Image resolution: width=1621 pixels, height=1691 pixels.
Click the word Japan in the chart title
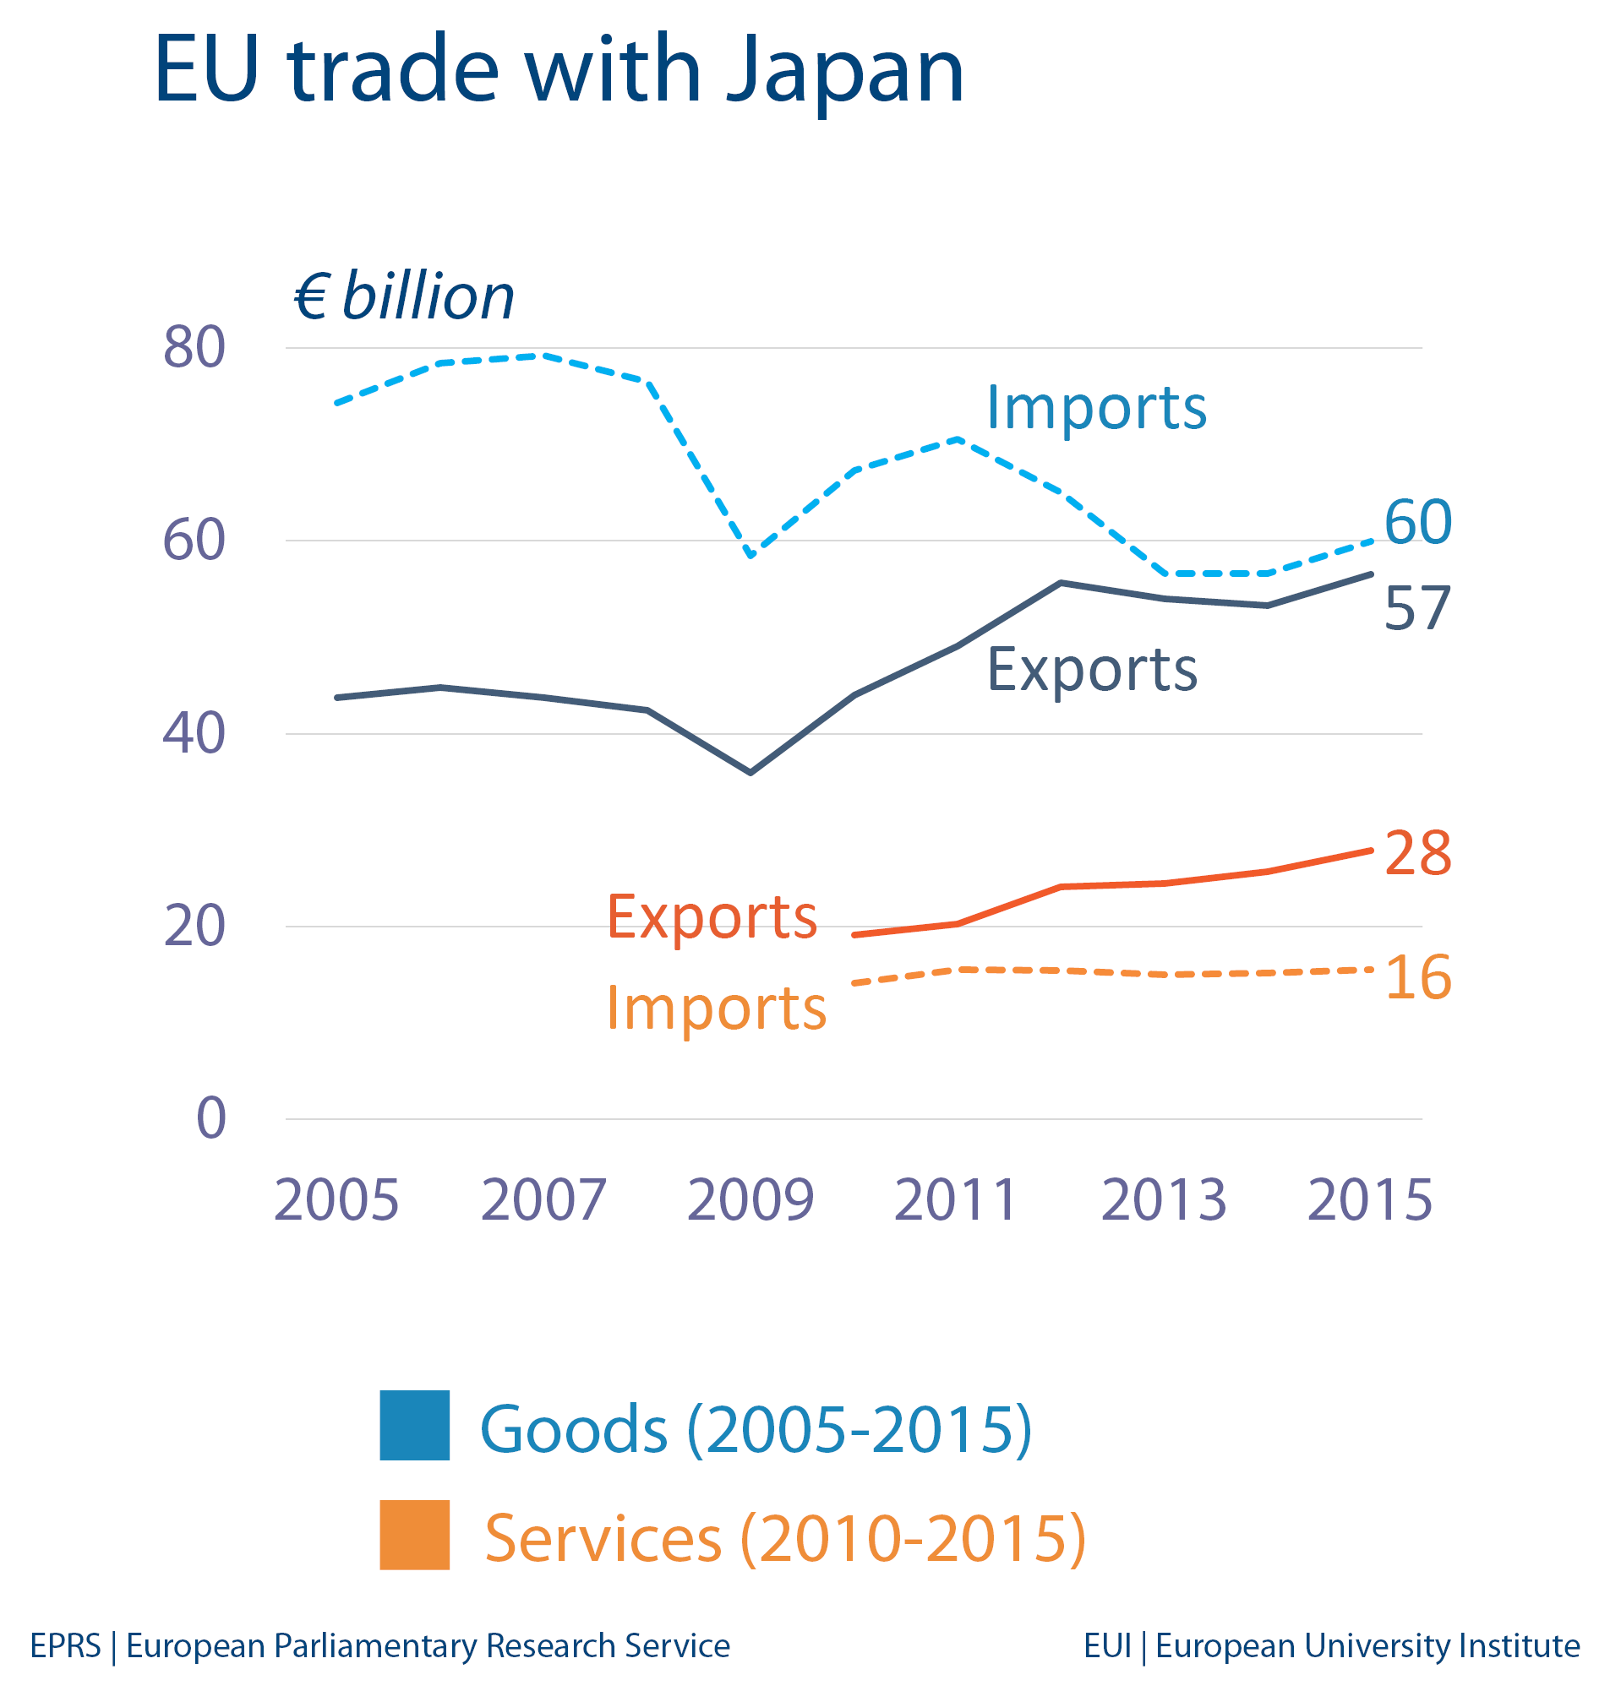(843, 71)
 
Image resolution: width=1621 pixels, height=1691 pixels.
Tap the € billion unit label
(403, 296)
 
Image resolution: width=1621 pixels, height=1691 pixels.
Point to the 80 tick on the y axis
(194, 348)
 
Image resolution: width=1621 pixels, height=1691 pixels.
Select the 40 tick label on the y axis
(194, 733)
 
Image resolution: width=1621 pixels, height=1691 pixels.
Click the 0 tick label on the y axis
(211, 1118)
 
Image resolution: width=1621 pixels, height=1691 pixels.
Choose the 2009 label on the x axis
(750, 1200)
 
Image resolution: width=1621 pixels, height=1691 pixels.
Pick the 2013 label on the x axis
(1164, 1200)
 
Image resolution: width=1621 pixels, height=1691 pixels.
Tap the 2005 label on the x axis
(336, 1200)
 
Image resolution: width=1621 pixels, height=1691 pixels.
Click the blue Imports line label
(1095, 407)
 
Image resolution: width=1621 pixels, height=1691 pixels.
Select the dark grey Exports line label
(1092, 670)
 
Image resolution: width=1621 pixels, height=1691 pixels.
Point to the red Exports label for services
(712, 916)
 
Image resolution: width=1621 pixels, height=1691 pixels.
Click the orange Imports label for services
(717, 1008)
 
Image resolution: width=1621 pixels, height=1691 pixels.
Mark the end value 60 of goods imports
(1417, 522)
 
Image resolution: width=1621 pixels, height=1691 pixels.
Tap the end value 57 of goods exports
(1417, 608)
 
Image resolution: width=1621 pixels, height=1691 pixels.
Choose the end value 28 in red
(1417, 853)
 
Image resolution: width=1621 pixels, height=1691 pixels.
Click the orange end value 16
(1417, 977)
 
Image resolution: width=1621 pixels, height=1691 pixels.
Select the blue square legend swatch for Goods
(414, 1425)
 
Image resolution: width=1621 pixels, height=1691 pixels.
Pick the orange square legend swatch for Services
(414, 1535)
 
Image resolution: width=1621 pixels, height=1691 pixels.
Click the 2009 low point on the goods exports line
(750, 772)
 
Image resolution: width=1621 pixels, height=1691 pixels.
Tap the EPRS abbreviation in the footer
(66, 1646)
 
